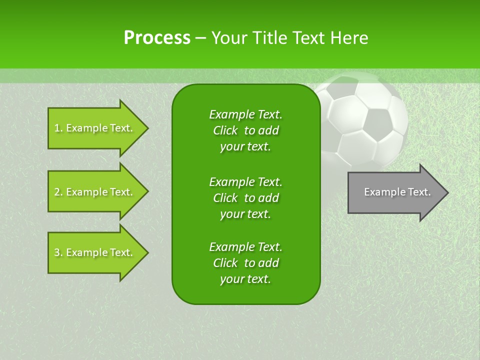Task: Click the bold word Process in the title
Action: (x=156, y=37)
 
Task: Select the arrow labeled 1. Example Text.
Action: (x=95, y=128)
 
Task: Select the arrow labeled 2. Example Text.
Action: (x=95, y=192)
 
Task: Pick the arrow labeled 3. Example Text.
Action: (x=95, y=252)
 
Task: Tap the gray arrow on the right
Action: (x=395, y=192)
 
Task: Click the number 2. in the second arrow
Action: (x=58, y=192)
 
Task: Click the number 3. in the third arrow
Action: (x=58, y=252)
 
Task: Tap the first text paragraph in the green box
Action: (x=245, y=130)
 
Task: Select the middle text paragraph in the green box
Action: (x=245, y=197)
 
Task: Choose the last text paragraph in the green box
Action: (x=245, y=263)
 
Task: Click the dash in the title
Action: (x=200, y=38)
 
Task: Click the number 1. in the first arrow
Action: (x=58, y=128)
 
